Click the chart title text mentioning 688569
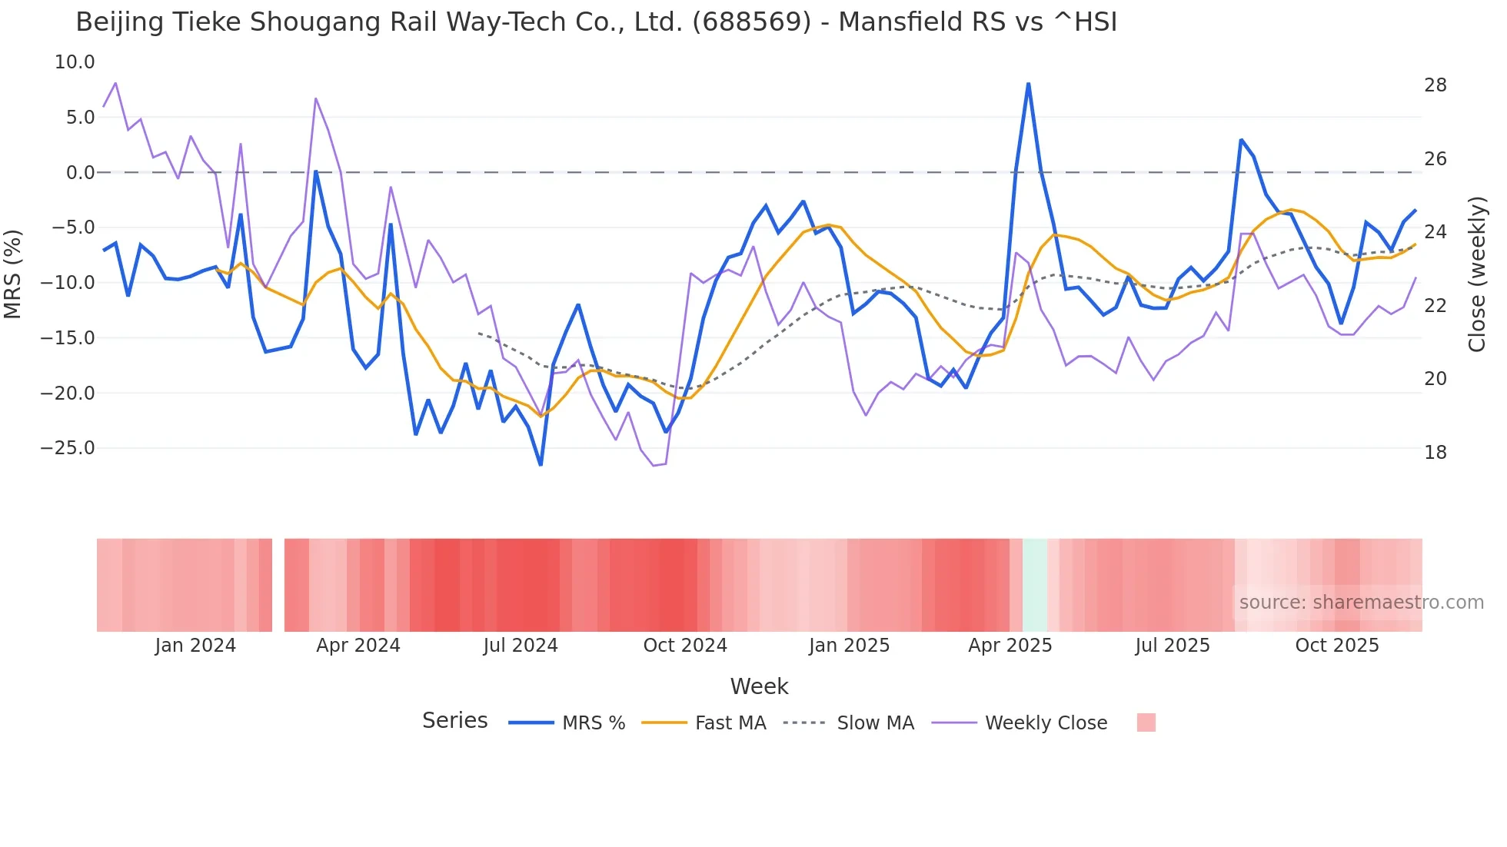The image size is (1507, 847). pyautogui.click(x=596, y=22)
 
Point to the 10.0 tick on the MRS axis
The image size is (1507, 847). pyautogui.click(x=75, y=62)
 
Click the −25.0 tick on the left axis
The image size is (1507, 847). pyautogui.click(x=68, y=448)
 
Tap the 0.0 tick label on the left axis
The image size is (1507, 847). pyautogui.click(x=80, y=173)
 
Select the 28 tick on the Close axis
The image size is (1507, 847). pyautogui.click(x=1435, y=85)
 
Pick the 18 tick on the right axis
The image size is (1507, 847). pyautogui.click(x=1435, y=453)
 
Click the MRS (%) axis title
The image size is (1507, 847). pyautogui.click(x=13, y=274)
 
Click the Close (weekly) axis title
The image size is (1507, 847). pyautogui.click(x=1477, y=274)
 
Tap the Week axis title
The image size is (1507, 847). pyautogui.click(x=759, y=686)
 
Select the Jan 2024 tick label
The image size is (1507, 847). pyautogui.click(x=195, y=646)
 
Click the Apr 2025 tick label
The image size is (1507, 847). pyautogui.click(x=1010, y=646)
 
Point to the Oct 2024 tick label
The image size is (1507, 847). pyautogui.click(x=685, y=646)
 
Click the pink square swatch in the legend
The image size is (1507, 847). pyautogui.click(x=1146, y=722)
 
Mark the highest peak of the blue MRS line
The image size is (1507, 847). pyautogui.click(x=1028, y=84)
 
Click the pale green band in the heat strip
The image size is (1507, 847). pyautogui.click(x=1035, y=585)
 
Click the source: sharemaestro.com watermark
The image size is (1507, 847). pyautogui.click(x=1361, y=603)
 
